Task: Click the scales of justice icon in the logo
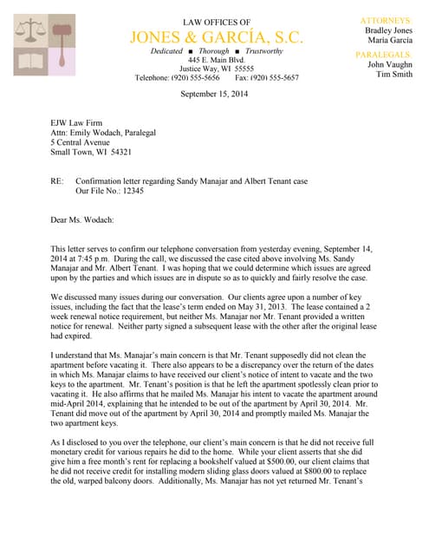pyautogui.click(x=33, y=31)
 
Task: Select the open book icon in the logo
pyautogui.click(x=32, y=62)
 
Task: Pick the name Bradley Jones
pyautogui.click(x=388, y=29)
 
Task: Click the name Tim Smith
pyautogui.click(x=394, y=75)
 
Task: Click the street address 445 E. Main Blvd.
pyautogui.click(x=217, y=60)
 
